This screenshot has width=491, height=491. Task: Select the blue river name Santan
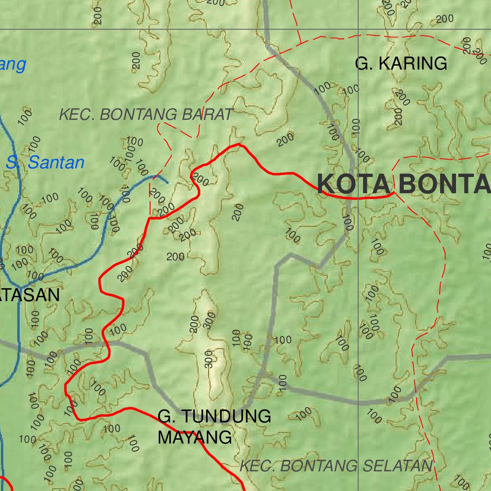pos(56,163)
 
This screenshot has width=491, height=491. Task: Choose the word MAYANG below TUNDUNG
pos(195,437)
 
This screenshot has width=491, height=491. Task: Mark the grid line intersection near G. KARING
pos(359,29)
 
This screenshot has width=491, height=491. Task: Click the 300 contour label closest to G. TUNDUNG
pos(209,359)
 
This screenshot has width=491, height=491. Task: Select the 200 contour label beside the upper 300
pos(194,325)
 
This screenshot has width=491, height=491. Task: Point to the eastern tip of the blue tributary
pos(168,183)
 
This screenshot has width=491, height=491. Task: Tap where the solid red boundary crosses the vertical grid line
pos(359,198)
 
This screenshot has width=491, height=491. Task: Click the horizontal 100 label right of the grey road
pos(282,340)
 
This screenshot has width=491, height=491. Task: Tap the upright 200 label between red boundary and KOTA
pos(239,212)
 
